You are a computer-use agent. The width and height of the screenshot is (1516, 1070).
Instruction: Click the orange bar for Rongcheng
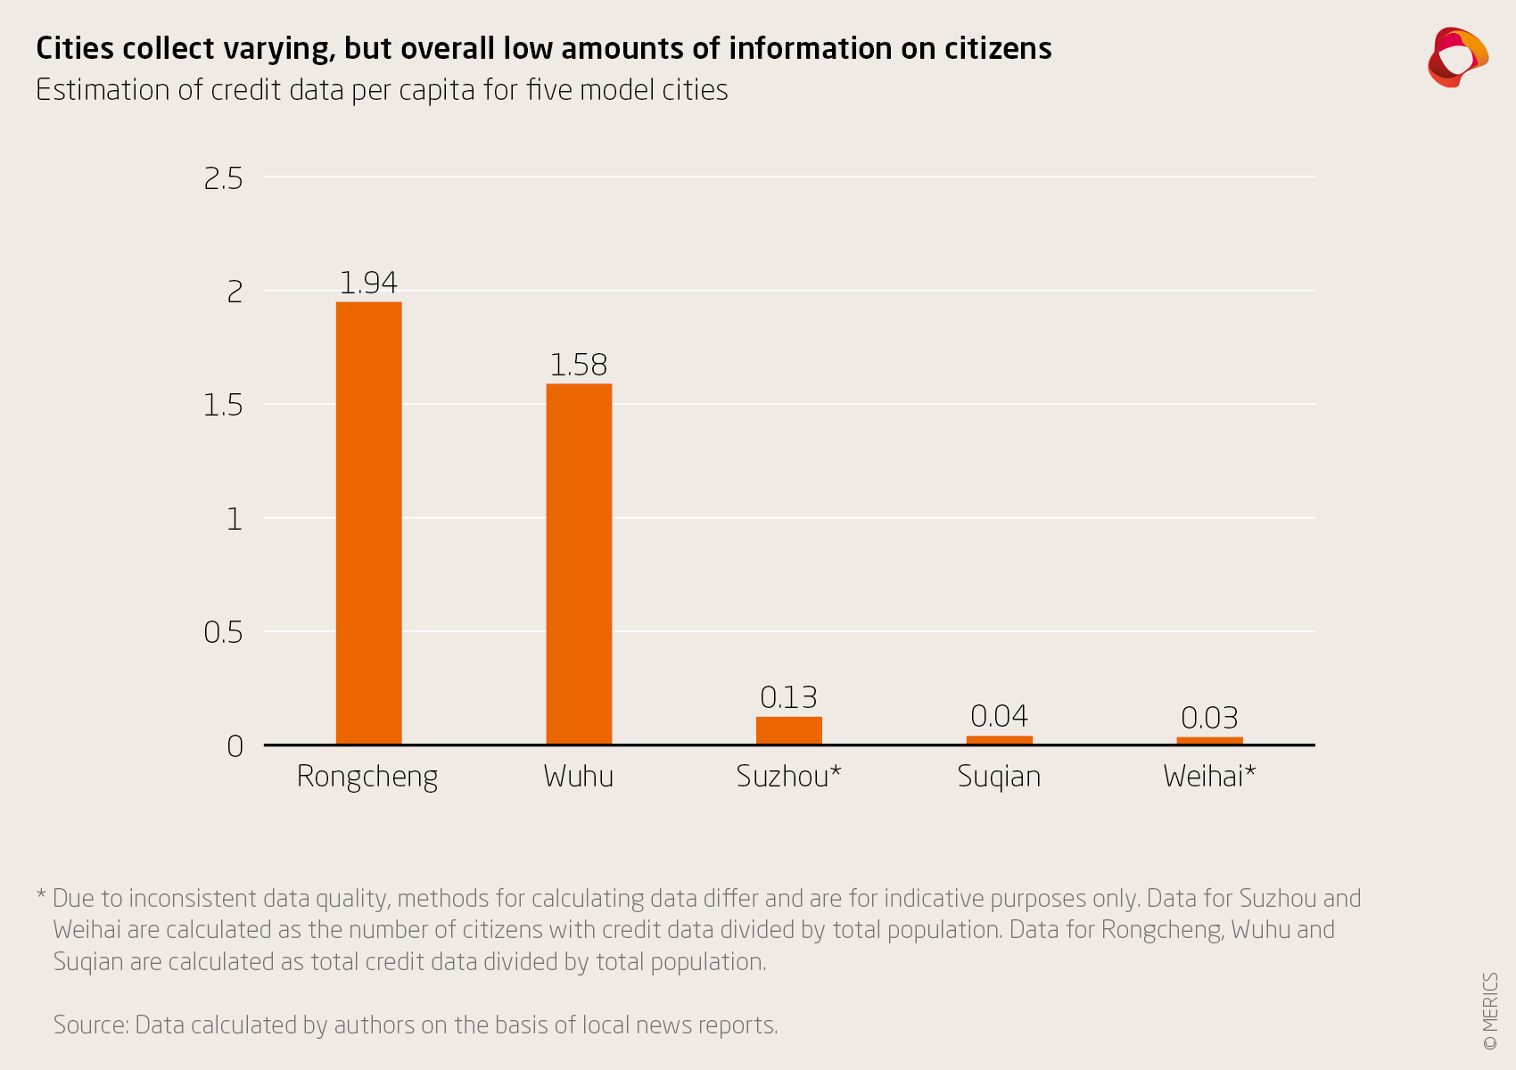pyautogui.click(x=368, y=523)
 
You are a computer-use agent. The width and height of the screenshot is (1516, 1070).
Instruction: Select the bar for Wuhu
pyautogui.click(x=579, y=564)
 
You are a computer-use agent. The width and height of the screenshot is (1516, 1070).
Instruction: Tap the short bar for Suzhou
pyautogui.click(x=789, y=730)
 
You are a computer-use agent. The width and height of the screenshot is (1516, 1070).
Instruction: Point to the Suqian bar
pyautogui.click(x=999, y=740)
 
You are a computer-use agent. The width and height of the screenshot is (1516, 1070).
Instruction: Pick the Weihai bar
pyautogui.click(x=1209, y=741)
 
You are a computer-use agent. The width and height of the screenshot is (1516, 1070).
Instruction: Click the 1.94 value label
pyautogui.click(x=368, y=283)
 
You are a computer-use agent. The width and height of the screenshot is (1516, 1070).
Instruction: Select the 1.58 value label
pyautogui.click(x=579, y=365)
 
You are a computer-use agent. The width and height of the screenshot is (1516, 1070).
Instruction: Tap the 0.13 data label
pyautogui.click(x=789, y=697)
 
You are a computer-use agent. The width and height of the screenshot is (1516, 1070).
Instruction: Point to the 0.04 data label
pyautogui.click(x=999, y=716)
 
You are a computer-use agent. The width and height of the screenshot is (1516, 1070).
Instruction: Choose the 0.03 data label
pyautogui.click(x=1209, y=718)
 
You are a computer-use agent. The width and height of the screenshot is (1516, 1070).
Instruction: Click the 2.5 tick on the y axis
pyautogui.click(x=223, y=178)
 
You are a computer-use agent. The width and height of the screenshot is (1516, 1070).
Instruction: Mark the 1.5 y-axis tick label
pyautogui.click(x=223, y=406)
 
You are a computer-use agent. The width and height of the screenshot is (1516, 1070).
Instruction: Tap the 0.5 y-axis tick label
pyautogui.click(x=223, y=632)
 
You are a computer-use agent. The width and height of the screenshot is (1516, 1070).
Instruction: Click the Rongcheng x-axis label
pyautogui.click(x=367, y=777)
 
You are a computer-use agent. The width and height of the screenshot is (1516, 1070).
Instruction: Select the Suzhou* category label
pyautogui.click(x=788, y=776)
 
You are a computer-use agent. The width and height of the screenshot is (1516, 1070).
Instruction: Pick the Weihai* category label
pyautogui.click(x=1209, y=776)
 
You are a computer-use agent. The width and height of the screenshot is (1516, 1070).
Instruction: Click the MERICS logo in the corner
pyautogui.click(x=1457, y=58)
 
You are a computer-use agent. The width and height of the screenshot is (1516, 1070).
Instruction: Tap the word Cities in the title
pyautogui.click(x=75, y=48)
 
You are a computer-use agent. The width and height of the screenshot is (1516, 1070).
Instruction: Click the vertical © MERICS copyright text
pyautogui.click(x=1490, y=1011)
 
